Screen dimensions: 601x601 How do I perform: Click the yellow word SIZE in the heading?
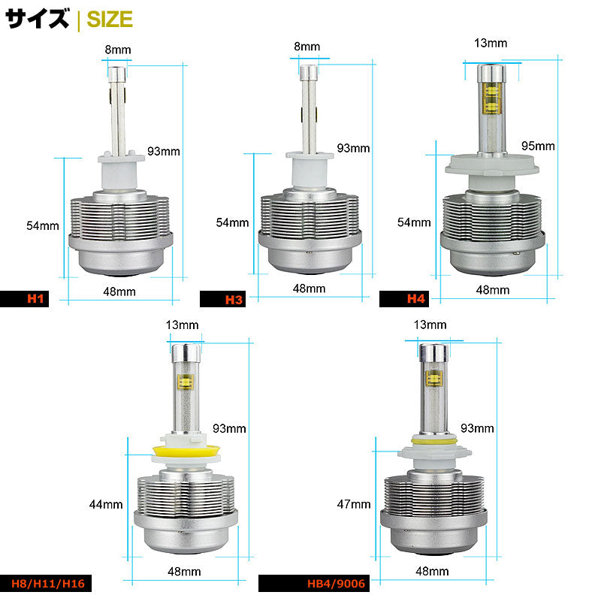tap(109, 19)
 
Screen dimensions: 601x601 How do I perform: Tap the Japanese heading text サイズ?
tap(38, 19)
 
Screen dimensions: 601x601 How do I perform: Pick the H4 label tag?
tap(415, 298)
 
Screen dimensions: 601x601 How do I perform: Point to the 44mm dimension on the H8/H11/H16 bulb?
tap(106, 505)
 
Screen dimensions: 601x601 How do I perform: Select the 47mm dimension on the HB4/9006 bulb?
tap(355, 505)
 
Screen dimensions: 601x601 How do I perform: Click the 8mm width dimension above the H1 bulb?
tap(118, 50)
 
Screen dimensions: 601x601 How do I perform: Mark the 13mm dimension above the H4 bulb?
tap(491, 43)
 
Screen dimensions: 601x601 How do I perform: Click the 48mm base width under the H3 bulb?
tap(309, 288)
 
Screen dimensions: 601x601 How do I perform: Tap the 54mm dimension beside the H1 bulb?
tap(43, 225)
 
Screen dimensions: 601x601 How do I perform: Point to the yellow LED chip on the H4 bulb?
tap(491, 101)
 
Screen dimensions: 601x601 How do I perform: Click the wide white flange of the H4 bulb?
tap(491, 162)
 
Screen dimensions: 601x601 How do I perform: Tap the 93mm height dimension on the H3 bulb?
tap(354, 148)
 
